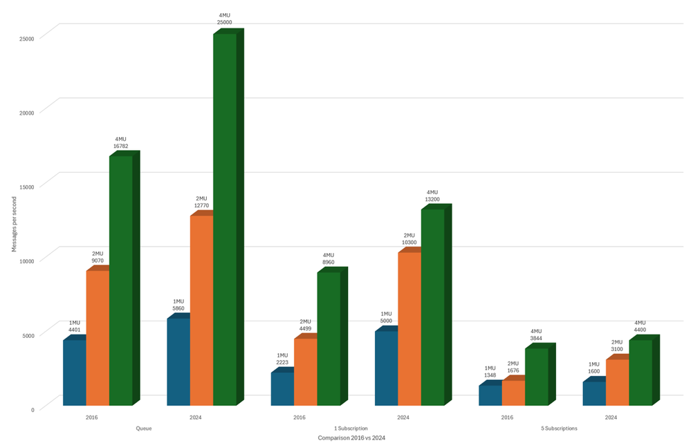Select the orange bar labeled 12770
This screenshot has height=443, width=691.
(201, 311)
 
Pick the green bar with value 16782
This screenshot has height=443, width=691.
(120, 280)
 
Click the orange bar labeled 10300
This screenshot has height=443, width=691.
(409, 328)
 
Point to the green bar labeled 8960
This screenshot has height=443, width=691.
(329, 339)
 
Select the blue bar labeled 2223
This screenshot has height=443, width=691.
(282, 388)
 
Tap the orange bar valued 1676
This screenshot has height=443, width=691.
(513, 393)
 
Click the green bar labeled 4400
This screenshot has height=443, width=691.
(641, 372)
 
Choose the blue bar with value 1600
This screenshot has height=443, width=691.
(594, 393)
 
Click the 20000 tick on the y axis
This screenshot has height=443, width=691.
(27, 112)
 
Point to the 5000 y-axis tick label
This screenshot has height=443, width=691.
(28, 335)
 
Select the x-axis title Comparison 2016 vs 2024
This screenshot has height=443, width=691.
(351, 438)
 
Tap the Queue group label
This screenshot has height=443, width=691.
(144, 428)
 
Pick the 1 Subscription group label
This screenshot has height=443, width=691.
(351, 428)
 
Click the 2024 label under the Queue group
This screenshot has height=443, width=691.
(196, 418)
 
